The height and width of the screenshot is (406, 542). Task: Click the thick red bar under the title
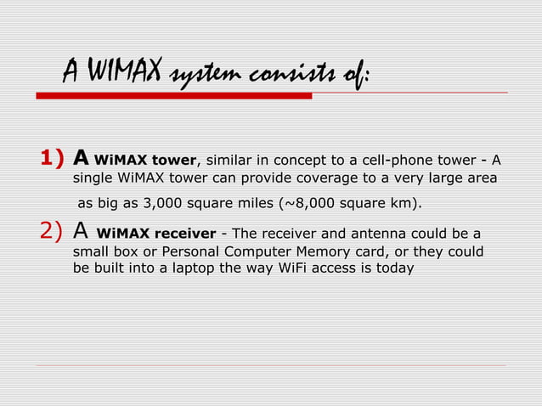pos(173,96)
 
